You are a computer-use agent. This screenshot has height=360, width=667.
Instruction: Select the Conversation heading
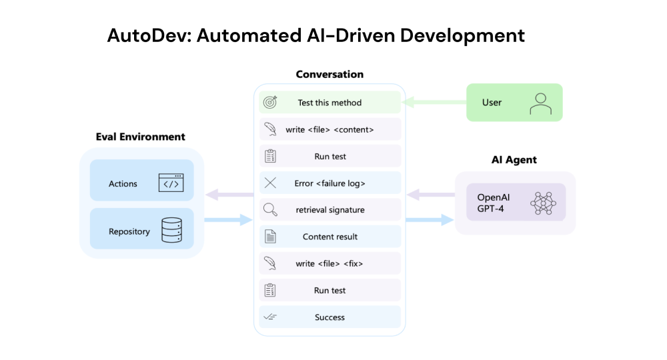click(x=329, y=74)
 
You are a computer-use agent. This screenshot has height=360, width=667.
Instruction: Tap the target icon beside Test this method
click(x=269, y=103)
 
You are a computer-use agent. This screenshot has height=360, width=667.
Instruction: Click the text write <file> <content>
click(x=329, y=129)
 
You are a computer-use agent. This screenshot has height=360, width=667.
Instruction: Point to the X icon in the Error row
click(x=269, y=183)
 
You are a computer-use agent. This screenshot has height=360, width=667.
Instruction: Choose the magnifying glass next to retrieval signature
click(x=269, y=210)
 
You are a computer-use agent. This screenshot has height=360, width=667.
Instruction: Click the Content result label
click(x=329, y=237)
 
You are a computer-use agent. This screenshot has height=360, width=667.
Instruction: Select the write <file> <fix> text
click(x=329, y=263)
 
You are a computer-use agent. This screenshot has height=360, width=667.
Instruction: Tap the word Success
click(x=329, y=317)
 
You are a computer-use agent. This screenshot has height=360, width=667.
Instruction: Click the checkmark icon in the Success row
click(x=269, y=317)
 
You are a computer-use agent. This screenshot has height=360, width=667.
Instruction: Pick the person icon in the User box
click(x=540, y=103)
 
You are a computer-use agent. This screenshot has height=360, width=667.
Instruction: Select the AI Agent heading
click(x=514, y=160)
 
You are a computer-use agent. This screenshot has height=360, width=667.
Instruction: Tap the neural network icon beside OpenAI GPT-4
click(x=542, y=203)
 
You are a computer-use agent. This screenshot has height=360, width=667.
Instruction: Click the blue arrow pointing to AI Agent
click(x=430, y=221)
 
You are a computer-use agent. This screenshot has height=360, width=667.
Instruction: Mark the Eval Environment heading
click(x=140, y=137)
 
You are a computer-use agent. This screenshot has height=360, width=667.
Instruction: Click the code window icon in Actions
click(x=171, y=183)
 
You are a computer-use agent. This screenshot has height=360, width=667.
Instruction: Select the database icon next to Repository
click(x=171, y=231)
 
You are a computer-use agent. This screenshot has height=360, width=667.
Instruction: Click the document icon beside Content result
click(x=269, y=237)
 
